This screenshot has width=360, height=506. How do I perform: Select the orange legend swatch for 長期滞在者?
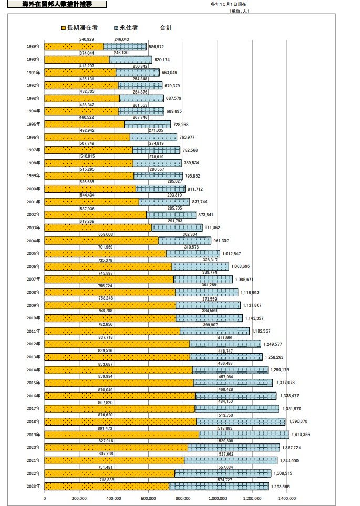[x=63, y=27]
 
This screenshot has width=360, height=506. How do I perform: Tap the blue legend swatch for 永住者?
[x=116, y=27]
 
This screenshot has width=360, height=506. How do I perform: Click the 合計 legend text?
[x=166, y=27]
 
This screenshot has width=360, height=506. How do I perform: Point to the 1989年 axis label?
[x=33, y=47]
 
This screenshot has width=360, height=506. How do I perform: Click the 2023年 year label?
[x=33, y=486]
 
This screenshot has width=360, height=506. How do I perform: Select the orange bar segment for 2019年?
[x=121, y=435]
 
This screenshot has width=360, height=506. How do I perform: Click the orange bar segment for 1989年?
[x=74, y=47]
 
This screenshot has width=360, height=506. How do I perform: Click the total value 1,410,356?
[x=301, y=435]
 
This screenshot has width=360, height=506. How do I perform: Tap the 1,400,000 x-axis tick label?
[x=286, y=498]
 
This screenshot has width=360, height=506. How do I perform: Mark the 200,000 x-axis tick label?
[x=79, y=498]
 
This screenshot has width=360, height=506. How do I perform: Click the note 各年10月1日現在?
[x=225, y=4]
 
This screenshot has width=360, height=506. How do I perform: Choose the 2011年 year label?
[x=33, y=331]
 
